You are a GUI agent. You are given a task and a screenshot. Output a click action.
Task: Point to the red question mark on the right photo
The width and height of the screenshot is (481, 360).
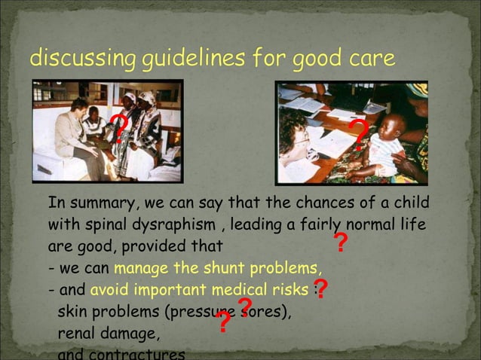[360, 133]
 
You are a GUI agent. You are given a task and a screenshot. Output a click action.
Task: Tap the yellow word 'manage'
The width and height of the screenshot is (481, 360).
[142, 267]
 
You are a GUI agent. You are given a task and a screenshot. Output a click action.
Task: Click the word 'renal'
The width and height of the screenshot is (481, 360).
[76, 332]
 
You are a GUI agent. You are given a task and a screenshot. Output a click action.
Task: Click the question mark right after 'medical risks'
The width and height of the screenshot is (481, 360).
[320, 288]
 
